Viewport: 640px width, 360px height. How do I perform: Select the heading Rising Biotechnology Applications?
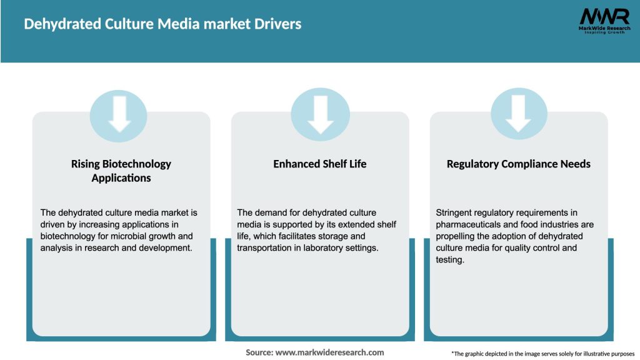[121, 171]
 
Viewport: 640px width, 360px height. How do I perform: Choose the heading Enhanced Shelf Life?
[320, 164]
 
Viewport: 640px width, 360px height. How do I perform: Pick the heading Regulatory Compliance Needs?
[519, 164]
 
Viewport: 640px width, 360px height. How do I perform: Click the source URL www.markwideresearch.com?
[330, 352]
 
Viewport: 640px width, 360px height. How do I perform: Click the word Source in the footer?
[259, 352]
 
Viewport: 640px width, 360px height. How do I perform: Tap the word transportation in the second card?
[266, 248]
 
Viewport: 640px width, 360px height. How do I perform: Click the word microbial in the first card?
[142, 236]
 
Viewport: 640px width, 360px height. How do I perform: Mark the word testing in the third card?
[449, 260]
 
